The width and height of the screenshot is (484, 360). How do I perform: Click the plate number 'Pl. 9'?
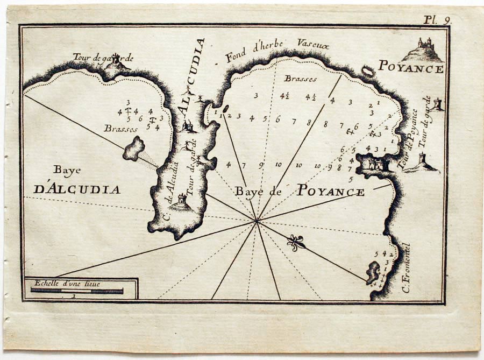pyautogui.click(x=436, y=20)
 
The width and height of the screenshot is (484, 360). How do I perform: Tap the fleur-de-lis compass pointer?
pyautogui.click(x=296, y=243)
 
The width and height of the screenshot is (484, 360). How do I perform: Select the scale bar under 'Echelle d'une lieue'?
pyautogui.click(x=76, y=291)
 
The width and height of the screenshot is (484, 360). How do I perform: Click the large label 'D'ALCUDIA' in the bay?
pyautogui.click(x=77, y=189)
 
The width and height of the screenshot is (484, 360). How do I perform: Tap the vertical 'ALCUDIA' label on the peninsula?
pyautogui.click(x=193, y=77)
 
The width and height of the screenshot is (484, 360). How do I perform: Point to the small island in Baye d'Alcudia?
pyautogui.click(x=134, y=149)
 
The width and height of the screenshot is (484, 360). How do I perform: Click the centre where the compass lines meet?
pyautogui.click(x=257, y=221)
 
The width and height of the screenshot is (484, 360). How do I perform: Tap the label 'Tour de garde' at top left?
pyautogui.click(x=103, y=58)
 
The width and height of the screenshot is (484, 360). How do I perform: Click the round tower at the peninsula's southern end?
pyautogui.click(x=181, y=202)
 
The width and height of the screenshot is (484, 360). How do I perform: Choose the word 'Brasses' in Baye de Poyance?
pyautogui.click(x=301, y=79)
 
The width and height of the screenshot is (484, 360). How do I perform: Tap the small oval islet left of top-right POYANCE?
pyautogui.click(x=368, y=70)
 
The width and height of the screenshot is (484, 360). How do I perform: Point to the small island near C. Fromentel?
pyautogui.click(x=372, y=272)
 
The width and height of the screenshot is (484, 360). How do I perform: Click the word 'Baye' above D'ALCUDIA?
pyautogui.click(x=67, y=170)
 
